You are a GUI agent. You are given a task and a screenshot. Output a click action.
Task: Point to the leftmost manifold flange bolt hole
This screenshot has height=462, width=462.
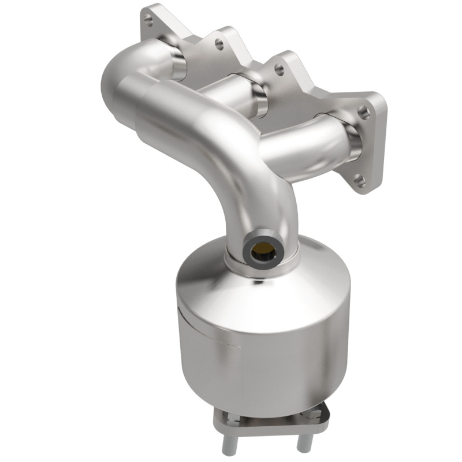click(x=149, y=22)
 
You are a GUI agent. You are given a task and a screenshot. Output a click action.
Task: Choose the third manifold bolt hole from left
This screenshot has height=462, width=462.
click(x=279, y=70)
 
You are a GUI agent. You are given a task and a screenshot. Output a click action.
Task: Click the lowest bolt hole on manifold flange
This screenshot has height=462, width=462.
click(x=359, y=180)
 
